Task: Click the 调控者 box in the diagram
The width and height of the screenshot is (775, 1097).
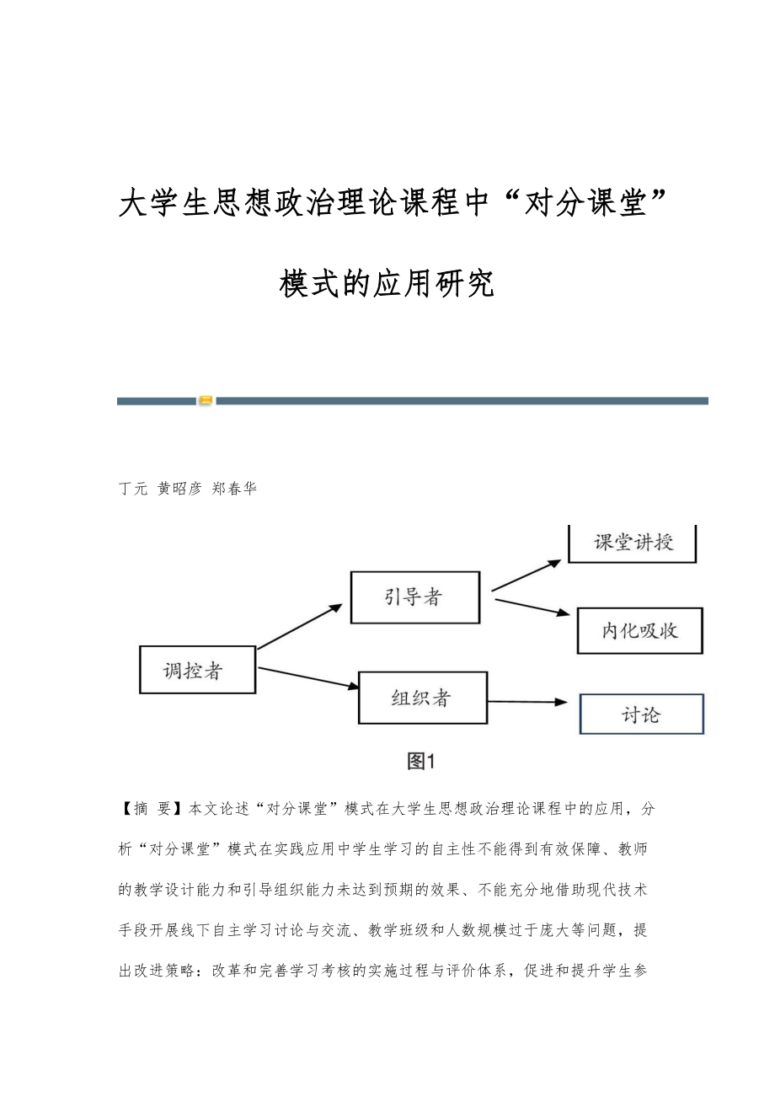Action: (197, 670)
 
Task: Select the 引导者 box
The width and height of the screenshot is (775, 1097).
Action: (414, 597)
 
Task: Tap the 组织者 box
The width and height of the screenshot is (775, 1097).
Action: (422, 698)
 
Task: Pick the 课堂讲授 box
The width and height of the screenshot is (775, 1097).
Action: (632, 542)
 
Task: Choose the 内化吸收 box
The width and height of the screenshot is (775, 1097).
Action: (639, 630)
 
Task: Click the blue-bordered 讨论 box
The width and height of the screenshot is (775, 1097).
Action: (641, 714)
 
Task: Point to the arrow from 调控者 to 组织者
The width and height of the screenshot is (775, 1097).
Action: (308, 678)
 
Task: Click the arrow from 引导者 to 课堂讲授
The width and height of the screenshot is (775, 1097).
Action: (526, 575)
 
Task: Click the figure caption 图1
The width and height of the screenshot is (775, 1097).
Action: (420, 762)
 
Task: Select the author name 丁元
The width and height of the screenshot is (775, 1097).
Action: (134, 489)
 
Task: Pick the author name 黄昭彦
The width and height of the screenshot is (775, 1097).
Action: (179, 489)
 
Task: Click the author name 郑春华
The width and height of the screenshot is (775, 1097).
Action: (234, 489)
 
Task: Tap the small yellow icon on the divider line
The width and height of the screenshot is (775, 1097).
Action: (206, 401)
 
